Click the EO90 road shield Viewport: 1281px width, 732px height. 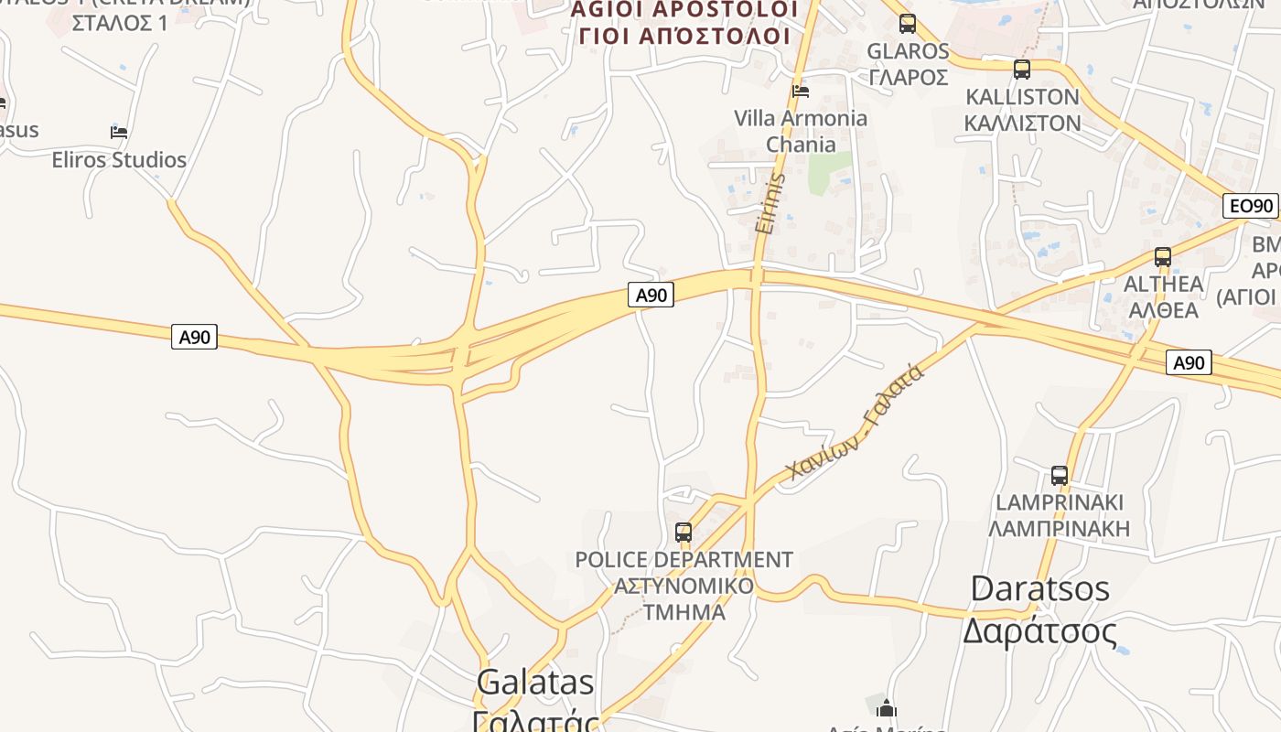(1250, 206)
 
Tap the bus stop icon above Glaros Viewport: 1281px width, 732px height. (907, 24)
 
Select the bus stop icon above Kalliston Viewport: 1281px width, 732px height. (1022, 69)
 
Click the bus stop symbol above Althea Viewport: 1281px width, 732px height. (1162, 257)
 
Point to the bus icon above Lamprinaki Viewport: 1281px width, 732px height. (1059, 476)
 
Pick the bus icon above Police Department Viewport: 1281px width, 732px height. (683, 532)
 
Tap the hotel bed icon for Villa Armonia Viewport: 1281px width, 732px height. (801, 91)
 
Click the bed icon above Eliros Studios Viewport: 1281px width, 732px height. (119, 133)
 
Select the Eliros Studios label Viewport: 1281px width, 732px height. (119, 160)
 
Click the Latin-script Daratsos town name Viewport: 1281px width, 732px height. (1039, 588)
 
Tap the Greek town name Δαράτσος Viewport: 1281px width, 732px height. (1039, 631)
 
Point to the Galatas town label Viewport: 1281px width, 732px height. (535, 683)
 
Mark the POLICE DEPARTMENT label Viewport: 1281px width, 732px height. (684, 559)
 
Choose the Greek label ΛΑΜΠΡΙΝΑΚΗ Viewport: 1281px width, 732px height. (1060, 528)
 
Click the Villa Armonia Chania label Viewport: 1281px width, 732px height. (801, 131)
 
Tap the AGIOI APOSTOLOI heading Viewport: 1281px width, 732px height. (684, 9)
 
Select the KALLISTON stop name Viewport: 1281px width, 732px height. (1022, 97)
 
